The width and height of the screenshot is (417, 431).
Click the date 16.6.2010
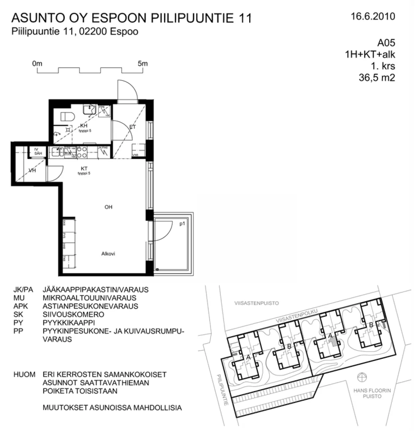(373, 16)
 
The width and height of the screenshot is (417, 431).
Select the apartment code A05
(386, 43)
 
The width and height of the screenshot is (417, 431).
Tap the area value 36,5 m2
(377, 78)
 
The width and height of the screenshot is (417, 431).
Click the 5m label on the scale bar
(142, 64)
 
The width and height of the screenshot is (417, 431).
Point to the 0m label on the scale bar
(37, 64)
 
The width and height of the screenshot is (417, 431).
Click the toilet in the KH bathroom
(66, 117)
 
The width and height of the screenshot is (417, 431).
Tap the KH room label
(84, 126)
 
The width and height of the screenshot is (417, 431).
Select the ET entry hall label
(132, 127)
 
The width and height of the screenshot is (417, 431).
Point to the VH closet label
(32, 170)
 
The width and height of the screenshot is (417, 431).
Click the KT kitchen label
(84, 169)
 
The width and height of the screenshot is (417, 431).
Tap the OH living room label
(108, 207)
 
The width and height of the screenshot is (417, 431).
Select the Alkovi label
(108, 254)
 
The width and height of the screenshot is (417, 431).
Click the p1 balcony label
(182, 224)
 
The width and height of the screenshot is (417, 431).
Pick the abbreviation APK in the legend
(21, 306)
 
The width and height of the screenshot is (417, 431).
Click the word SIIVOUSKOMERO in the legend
(73, 314)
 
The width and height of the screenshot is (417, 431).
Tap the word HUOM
(24, 374)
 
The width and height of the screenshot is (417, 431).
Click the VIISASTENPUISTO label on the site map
(257, 303)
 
